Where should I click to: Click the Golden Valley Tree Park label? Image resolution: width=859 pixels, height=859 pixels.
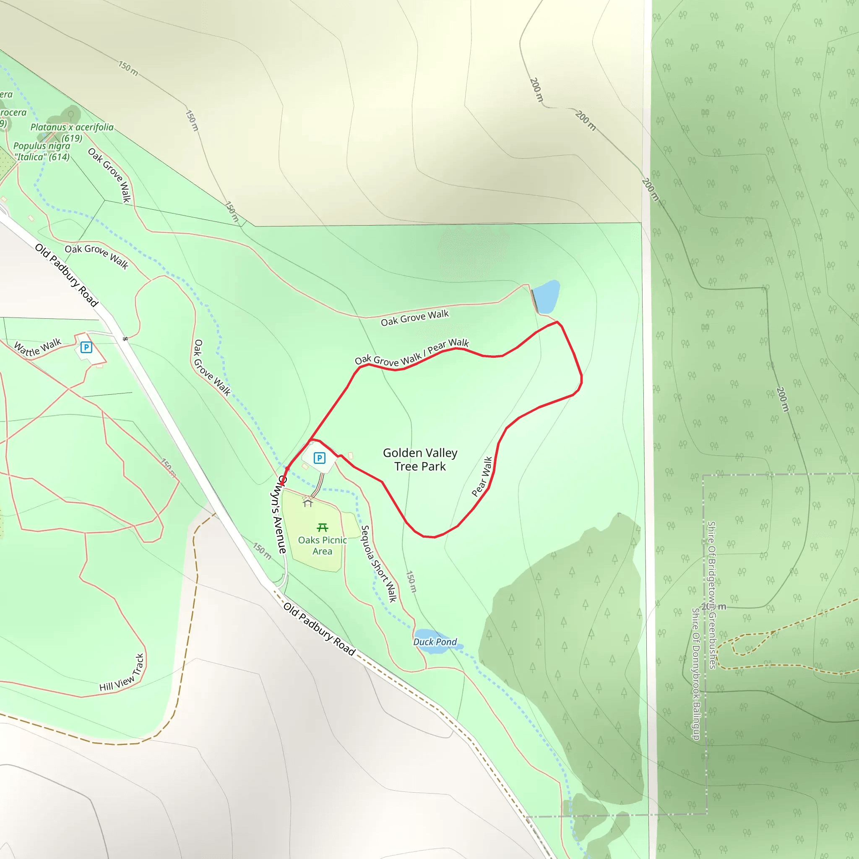tap(420, 459)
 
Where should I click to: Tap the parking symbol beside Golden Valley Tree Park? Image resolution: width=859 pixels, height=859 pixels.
tap(319, 458)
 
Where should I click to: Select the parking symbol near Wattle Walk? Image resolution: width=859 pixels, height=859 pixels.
tap(86, 347)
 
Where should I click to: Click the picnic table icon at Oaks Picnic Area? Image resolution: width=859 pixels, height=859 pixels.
tap(323, 528)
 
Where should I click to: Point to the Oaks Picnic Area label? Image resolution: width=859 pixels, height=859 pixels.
tap(323, 546)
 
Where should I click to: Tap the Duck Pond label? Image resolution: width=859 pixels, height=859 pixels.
tap(435, 642)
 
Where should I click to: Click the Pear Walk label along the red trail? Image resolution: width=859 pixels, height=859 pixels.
tap(482, 476)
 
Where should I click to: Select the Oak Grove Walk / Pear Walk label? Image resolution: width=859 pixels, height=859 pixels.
tap(412, 352)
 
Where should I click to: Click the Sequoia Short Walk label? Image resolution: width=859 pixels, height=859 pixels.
tap(378, 564)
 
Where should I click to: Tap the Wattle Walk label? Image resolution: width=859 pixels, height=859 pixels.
tap(38, 347)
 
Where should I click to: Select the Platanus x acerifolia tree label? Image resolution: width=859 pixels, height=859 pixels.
tap(72, 132)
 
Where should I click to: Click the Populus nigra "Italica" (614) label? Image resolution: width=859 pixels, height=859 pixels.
tap(42, 151)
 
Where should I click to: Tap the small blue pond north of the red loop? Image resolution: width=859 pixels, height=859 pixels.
tap(546, 297)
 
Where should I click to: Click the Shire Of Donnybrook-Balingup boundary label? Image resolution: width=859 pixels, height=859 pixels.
tap(696, 674)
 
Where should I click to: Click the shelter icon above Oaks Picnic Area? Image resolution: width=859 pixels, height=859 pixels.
tap(308, 503)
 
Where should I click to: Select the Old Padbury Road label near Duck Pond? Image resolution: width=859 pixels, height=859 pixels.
tap(319, 629)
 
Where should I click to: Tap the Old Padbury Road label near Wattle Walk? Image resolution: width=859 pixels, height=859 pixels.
tap(66, 275)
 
